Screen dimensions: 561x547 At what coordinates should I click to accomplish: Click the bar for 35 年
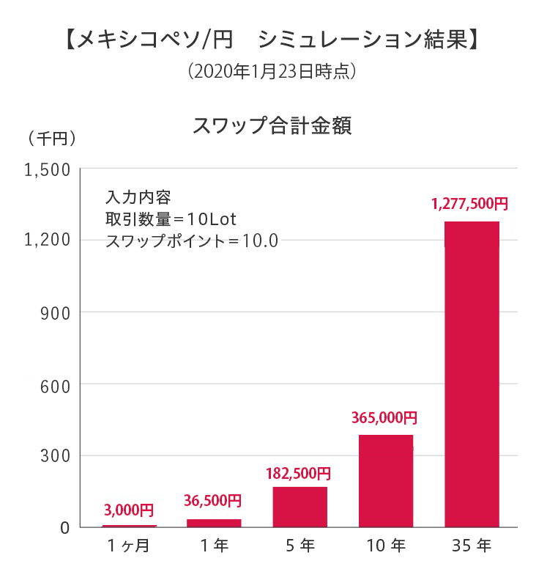click(x=472, y=374)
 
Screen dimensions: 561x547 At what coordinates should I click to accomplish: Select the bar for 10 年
click(x=386, y=480)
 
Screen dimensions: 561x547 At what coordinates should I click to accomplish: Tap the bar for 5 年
click(x=299, y=507)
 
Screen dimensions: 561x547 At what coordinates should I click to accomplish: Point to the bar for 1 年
click(x=214, y=523)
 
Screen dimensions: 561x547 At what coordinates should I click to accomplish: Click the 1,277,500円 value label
click(x=470, y=204)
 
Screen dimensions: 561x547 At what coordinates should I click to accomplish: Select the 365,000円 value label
click(x=384, y=418)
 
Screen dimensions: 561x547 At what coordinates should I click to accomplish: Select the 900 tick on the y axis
click(x=56, y=312)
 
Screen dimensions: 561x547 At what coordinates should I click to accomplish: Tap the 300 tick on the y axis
click(x=56, y=455)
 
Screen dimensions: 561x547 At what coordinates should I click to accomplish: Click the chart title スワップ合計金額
click(x=272, y=125)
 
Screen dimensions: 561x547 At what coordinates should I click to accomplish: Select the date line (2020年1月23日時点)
click(x=272, y=72)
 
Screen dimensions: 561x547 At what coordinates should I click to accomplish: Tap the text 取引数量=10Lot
click(x=169, y=219)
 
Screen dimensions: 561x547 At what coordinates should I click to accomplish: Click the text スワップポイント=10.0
click(x=192, y=241)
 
